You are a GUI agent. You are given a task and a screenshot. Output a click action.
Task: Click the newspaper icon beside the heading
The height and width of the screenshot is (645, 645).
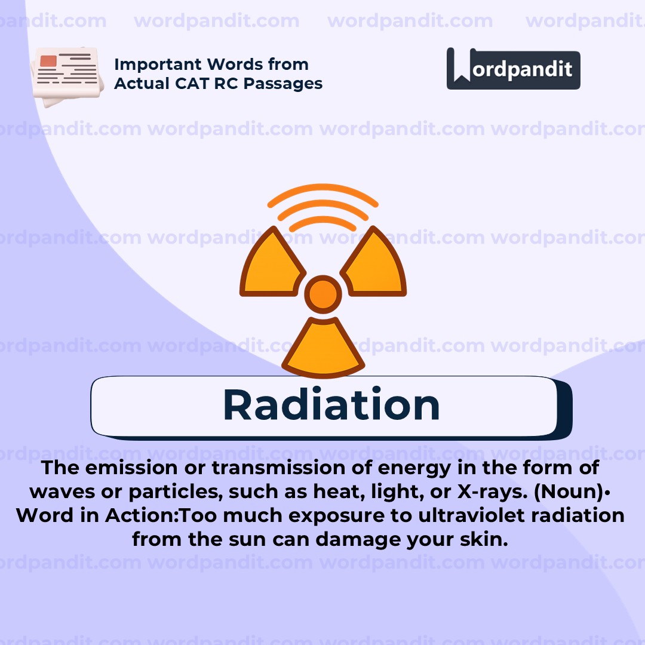pyautogui.click(x=64, y=76)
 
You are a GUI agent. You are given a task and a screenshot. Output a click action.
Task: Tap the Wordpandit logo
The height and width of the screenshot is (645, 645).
pyautogui.click(x=513, y=69)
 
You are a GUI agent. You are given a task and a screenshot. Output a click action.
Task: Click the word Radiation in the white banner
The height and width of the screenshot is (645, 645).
pyautogui.click(x=331, y=406)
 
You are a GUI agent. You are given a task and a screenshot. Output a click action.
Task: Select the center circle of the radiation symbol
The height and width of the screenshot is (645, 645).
pyautogui.click(x=323, y=294)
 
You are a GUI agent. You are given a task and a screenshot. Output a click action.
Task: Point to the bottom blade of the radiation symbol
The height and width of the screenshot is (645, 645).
pyautogui.click(x=323, y=349)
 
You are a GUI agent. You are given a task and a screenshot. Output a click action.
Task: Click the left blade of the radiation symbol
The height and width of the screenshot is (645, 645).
pyautogui.click(x=271, y=266)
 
